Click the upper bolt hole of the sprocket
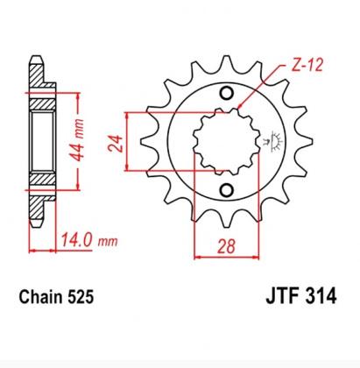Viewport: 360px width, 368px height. tap(228, 94)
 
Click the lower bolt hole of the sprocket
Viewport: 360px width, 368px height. tap(228, 190)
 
